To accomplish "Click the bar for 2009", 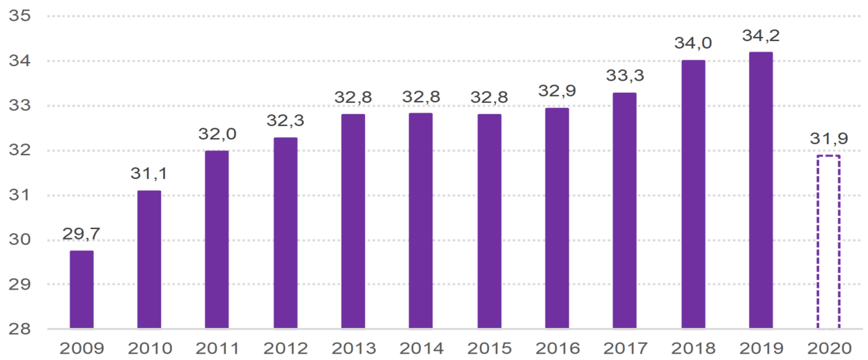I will pos(82,289).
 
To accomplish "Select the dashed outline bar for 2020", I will pos(828,242).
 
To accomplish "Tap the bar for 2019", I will pos(761,189).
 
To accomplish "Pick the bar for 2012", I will pos(285,233).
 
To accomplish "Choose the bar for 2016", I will pos(557,218).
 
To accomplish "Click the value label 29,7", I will pos(82,235).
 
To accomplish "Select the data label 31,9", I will pos(828,139).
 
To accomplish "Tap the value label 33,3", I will pos(624,76).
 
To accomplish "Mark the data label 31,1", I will pos(149,174).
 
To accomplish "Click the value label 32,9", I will pos(557,91).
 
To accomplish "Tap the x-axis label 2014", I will pos(421,348).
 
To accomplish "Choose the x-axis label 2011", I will pos(217,348).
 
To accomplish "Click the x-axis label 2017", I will pos(624,348).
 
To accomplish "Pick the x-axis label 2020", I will pos(828,348).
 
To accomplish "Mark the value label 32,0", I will pos(217,134).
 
